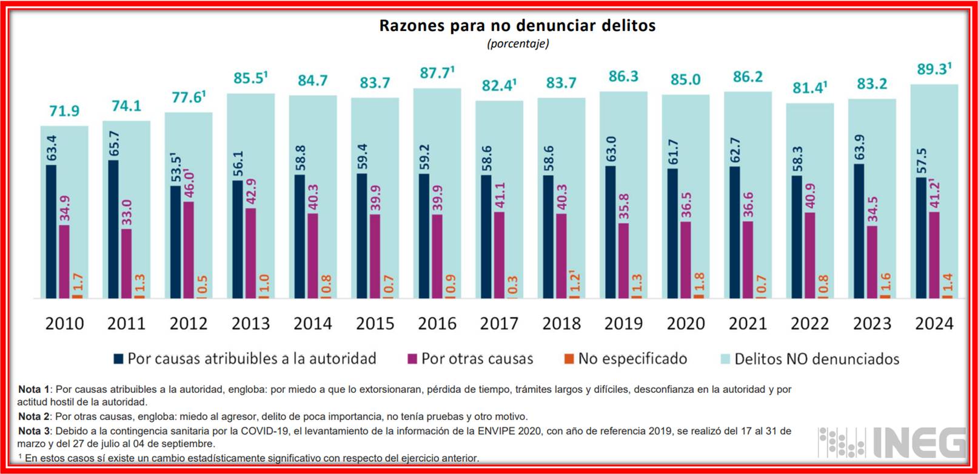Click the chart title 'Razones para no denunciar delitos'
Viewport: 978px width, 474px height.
tap(517, 25)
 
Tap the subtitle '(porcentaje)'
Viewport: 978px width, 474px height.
tap(518, 44)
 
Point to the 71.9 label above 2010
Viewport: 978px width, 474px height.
tap(64, 111)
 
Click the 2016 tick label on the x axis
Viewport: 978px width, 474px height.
tap(437, 324)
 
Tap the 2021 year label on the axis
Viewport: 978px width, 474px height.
tap(748, 324)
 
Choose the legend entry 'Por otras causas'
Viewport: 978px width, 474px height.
tap(477, 359)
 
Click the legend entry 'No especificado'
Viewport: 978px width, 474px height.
tap(632, 359)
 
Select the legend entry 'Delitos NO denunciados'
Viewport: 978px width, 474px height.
tap(816, 359)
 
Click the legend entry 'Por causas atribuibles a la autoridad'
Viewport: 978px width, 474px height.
tap(252, 359)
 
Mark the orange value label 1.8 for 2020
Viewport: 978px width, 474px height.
tap(699, 282)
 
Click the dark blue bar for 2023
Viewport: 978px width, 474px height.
tap(859, 231)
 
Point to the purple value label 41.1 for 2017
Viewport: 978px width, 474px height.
tap(500, 195)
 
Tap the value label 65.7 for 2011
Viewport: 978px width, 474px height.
tap(114, 144)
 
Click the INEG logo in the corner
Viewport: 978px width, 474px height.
tap(891, 442)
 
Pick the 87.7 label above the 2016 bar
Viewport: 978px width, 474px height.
tap(435, 73)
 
